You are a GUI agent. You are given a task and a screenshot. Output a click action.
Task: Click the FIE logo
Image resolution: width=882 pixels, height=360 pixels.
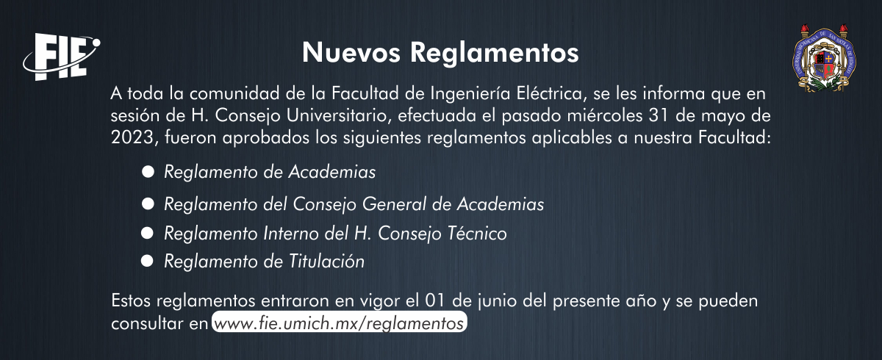tap(62, 57)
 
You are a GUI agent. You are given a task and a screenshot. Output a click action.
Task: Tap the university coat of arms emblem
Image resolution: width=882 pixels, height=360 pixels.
tap(824, 59)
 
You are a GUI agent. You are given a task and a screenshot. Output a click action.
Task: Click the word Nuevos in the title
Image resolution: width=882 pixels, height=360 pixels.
tap(351, 52)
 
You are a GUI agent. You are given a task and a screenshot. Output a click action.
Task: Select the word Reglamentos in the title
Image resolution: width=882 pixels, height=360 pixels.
tap(494, 53)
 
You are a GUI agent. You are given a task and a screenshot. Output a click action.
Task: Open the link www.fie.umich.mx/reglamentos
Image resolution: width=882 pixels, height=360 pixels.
tap(339, 323)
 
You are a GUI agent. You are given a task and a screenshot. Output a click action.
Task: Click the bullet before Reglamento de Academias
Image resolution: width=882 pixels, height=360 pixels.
tap(148, 171)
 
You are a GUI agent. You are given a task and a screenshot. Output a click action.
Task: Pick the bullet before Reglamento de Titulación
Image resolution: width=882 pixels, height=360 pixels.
tap(147, 261)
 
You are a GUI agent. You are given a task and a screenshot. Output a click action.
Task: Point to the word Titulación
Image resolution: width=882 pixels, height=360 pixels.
tap(327, 262)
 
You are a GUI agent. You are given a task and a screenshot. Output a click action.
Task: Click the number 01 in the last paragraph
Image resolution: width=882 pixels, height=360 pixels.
tap(435, 301)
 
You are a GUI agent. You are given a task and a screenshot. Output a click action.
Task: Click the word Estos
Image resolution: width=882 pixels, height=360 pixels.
tap(131, 301)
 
